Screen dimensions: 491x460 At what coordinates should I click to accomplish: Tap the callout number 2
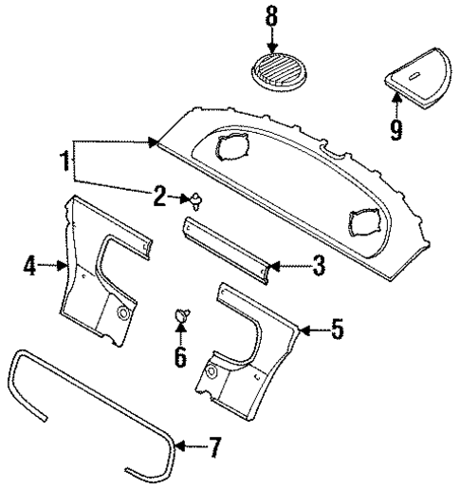pyautogui.click(x=160, y=198)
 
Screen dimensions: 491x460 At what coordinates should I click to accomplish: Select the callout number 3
pyautogui.click(x=318, y=267)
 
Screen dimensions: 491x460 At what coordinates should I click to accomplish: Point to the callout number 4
pyautogui.click(x=29, y=267)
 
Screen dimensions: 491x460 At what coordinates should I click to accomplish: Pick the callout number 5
pyautogui.click(x=338, y=330)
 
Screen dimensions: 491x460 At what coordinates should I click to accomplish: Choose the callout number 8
pyautogui.click(x=272, y=16)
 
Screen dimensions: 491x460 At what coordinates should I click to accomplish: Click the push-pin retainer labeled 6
pyautogui.click(x=181, y=317)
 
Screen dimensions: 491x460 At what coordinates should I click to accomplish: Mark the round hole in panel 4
pyautogui.click(x=123, y=312)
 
